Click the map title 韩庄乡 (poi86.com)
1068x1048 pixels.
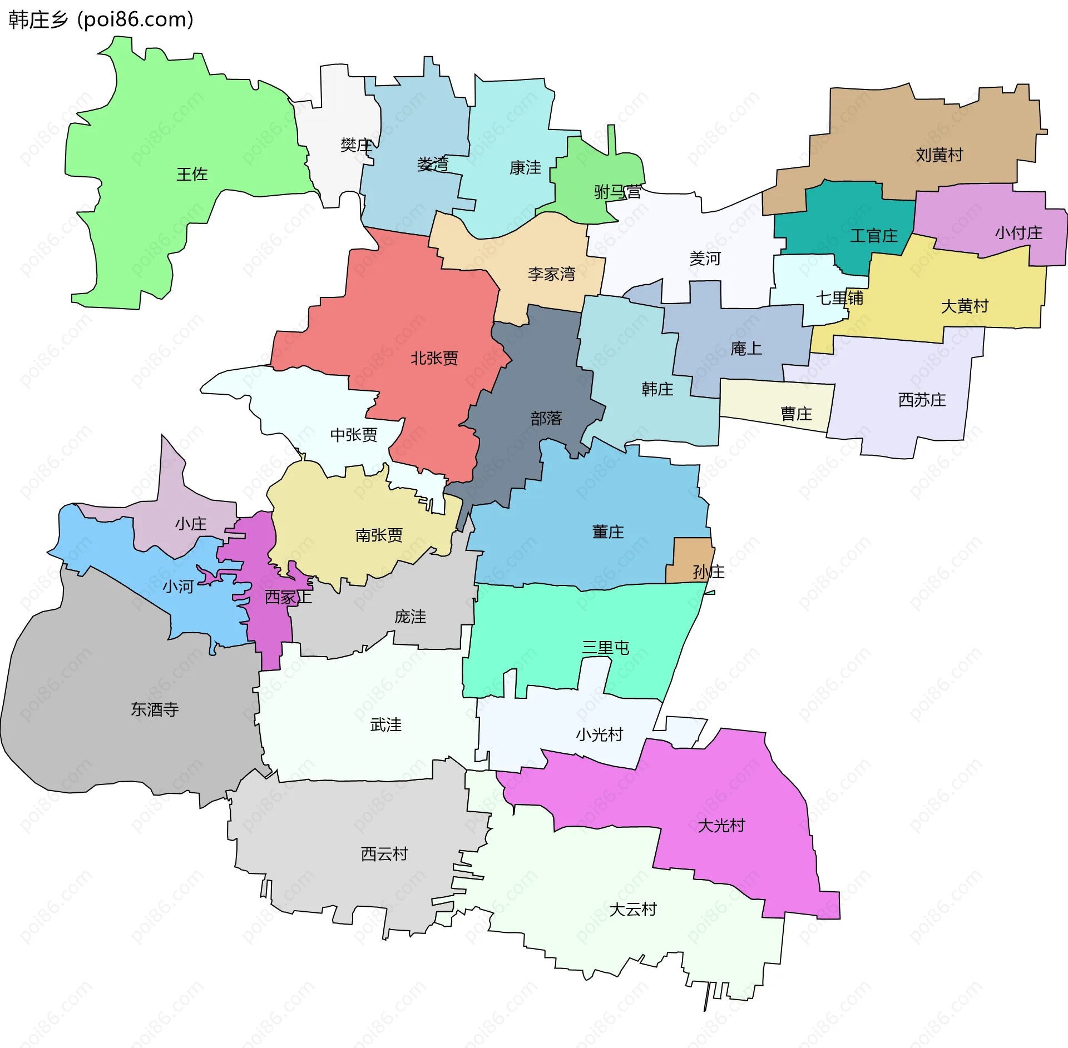click(x=101, y=19)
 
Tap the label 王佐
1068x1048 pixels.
click(x=192, y=174)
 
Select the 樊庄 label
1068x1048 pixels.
click(x=356, y=145)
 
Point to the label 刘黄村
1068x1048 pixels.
click(x=939, y=155)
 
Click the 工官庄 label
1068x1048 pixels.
click(x=873, y=236)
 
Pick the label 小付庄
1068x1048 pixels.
click(x=1018, y=232)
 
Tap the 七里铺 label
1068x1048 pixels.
click(x=839, y=298)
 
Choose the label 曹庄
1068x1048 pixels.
click(x=796, y=414)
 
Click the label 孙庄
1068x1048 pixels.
click(x=708, y=572)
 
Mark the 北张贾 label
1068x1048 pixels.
click(x=434, y=358)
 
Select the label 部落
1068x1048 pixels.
click(x=546, y=418)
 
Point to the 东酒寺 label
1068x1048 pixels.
click(x=155, y=709)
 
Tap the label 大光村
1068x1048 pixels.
click(x=721, y=825)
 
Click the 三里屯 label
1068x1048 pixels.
click(x=605, y=647)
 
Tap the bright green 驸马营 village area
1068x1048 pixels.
click(x=590, y=172)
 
